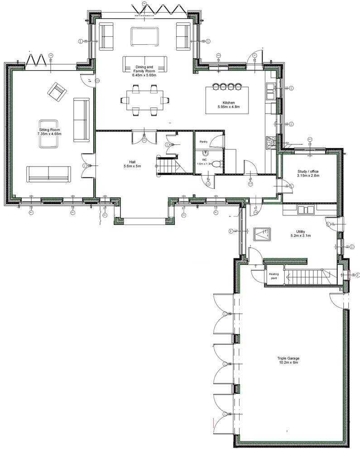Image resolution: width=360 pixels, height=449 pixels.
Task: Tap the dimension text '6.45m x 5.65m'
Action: (x=144, y=75)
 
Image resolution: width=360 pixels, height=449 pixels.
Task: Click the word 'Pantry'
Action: (x=204, y=142)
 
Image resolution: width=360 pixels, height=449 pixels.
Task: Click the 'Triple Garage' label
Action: (x=288, y=358)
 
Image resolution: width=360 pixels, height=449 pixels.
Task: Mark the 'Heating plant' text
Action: (x=274, y=276)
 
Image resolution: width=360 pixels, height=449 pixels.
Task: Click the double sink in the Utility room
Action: (x=305, y=210)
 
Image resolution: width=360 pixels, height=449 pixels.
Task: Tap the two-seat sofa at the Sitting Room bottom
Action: (x=48, y=174)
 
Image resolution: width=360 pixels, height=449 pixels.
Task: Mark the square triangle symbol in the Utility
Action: (x=262, y=234)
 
